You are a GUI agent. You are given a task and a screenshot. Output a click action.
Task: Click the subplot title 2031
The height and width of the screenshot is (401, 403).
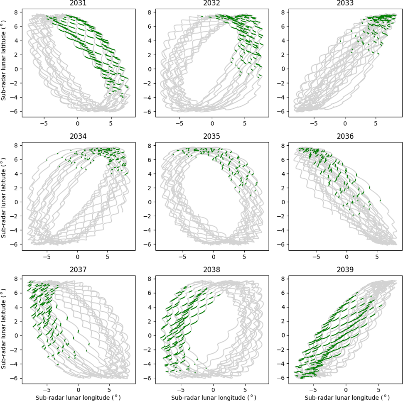point(77,4)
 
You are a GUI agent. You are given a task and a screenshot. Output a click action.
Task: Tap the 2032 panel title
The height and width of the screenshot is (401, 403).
point(212,4)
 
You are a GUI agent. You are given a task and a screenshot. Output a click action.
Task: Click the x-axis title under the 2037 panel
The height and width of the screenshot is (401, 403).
point(77,397)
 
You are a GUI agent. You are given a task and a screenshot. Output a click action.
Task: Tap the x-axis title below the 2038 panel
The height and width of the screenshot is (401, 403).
point(212,397)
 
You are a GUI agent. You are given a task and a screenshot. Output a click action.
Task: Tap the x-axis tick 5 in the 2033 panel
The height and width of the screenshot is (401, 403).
point(375,123)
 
